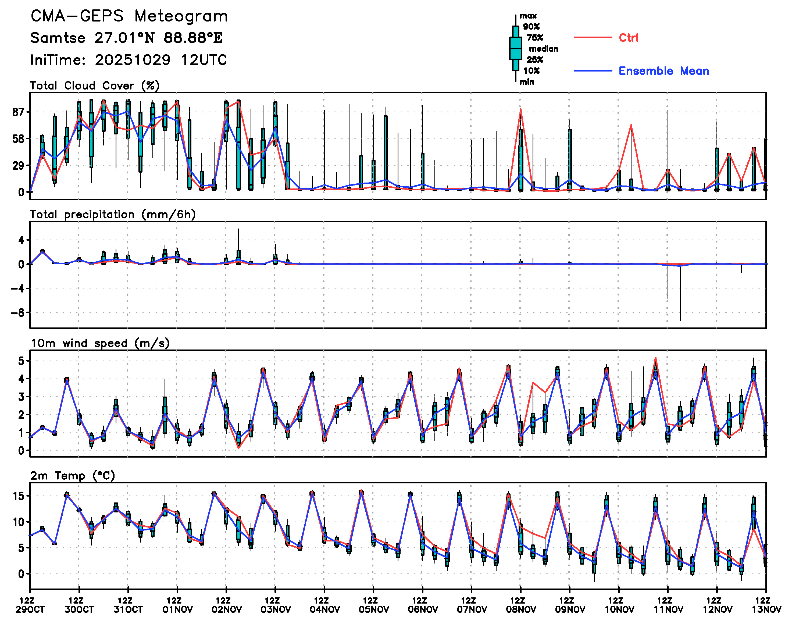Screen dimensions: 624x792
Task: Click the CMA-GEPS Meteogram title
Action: point(129,16)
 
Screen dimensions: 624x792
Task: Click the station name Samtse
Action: point(58,38)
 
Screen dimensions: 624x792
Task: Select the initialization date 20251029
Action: point(133,60)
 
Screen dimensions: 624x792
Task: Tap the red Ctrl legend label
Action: point(628,38)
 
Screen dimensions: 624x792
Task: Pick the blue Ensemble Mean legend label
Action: point(663,71)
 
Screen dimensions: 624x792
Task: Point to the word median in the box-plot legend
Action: point(543,49)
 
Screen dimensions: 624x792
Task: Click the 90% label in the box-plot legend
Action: point(531,27)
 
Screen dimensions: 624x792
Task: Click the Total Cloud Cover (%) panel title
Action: point(95,85)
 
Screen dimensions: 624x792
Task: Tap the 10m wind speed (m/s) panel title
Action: point(100,343)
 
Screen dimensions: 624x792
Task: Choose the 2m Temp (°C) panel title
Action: point(72,476)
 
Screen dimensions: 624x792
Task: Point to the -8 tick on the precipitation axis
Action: point(17,313)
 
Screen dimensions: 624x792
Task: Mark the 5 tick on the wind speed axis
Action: point(21,361)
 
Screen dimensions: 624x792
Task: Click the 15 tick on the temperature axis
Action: point(18,496)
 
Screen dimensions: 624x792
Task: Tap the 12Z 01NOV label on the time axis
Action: point(177,605)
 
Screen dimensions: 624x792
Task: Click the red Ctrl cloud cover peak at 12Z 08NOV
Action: point(520,109)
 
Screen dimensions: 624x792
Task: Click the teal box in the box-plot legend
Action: point(515,48)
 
